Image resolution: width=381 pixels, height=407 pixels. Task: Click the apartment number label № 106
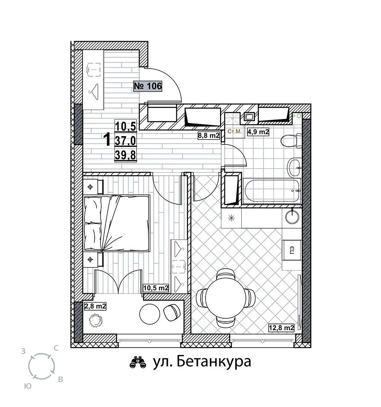(148, 86)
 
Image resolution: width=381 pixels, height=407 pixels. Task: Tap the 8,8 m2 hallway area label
(209, 135)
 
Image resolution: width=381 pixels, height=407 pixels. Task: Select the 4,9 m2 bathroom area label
(258, 132)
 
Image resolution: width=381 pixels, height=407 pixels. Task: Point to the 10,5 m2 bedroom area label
(156, 288)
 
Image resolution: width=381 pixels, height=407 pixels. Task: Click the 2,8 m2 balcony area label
(95, 306)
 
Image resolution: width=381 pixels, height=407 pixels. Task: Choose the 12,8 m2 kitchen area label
(281, 328)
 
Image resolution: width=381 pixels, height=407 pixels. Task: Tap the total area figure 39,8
(126, 155)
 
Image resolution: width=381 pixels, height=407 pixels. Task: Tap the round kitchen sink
(292, 217)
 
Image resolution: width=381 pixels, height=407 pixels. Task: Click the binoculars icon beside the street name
(138, 362)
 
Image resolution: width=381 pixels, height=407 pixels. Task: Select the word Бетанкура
(214, 361)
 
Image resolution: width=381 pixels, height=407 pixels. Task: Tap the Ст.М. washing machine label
(234, 131)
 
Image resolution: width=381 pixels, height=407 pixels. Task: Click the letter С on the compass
(56, 348)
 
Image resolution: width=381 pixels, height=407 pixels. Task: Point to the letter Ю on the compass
(28, 386)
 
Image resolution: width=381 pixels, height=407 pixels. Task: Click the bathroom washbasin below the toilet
(294, 167)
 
